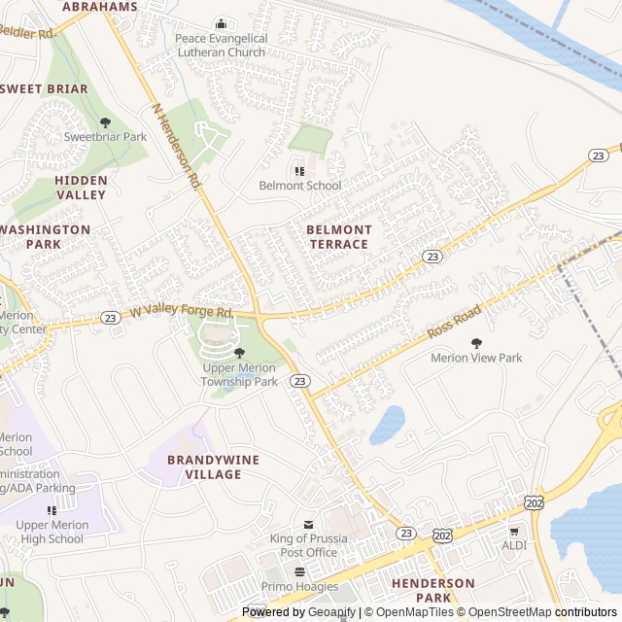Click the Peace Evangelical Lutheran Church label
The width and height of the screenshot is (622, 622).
220,45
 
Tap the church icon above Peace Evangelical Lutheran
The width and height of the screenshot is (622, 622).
221,24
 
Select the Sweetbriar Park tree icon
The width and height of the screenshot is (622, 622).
106,122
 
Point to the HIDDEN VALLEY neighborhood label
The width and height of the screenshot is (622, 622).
81,188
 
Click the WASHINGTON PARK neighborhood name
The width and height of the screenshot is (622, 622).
46,237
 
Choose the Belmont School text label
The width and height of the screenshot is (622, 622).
299,186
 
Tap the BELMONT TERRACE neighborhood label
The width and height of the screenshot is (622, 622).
339,237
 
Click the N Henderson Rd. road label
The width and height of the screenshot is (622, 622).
176,147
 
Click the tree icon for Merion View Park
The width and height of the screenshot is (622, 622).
476,343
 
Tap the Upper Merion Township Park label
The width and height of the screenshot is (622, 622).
239,375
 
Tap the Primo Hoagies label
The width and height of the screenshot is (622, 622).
299,586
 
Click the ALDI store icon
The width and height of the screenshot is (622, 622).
514,531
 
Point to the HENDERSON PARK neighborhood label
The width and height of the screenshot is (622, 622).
433,590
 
